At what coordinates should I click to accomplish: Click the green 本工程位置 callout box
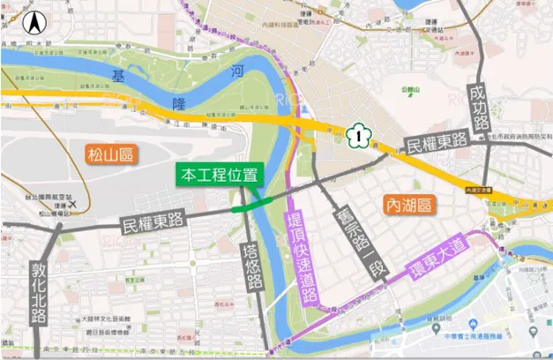pos(214,174)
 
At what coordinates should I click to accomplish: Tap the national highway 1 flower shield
pos(356,135)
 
